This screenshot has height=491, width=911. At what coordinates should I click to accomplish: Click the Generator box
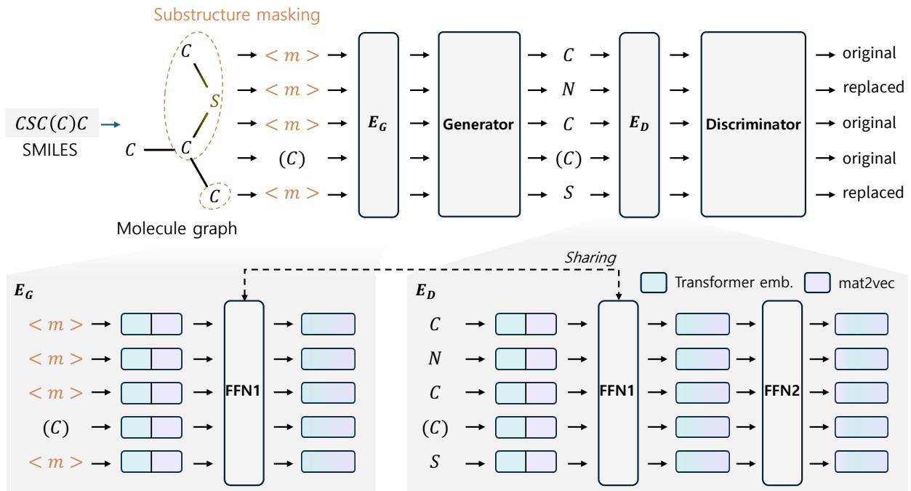(x=479, y=124)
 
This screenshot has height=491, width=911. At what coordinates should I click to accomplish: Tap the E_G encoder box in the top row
(x=380, y=124)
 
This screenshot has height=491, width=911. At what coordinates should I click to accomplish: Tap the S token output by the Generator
(x=566, y=193)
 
